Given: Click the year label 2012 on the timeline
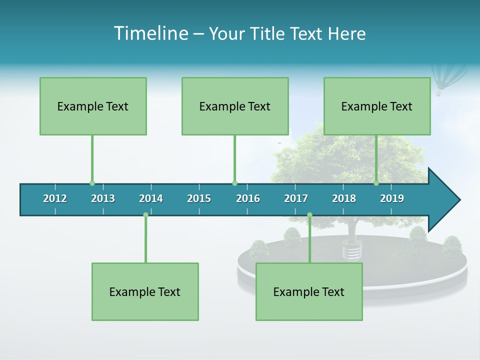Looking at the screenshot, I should click(55, 198).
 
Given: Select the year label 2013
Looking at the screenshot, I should click(103, 198).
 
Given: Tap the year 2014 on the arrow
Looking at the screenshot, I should click(151, 198).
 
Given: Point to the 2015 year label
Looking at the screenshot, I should click(199, 198).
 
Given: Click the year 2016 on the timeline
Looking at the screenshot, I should click(248, 198).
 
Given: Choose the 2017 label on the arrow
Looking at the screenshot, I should click(296, 198).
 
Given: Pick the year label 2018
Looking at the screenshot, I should click(344, 198).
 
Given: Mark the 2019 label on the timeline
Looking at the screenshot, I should click(392, 198).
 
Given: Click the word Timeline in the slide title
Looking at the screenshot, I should click(150, 33).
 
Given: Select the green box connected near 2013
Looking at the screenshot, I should click(93, 106).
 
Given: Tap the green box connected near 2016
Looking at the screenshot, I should click(235, 106).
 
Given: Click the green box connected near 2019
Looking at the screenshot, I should click(377, 106).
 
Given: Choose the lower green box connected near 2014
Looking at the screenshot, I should click(145, 291).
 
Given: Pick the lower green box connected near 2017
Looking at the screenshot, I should click(309, 291).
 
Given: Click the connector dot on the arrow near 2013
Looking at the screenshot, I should click(92, 183).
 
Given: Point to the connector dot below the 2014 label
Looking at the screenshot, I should click(145, 215).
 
